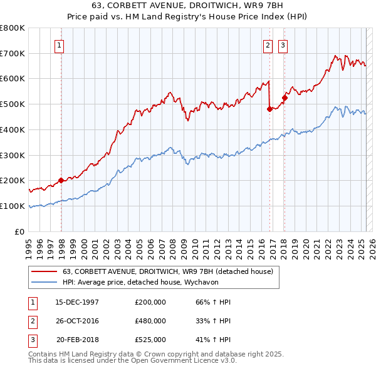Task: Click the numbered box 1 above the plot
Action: (x=58, y=45)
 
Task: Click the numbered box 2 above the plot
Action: (x=268, y=45)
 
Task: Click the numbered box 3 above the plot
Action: (x=283, y=45)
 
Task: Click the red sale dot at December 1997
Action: (x=61, y=180)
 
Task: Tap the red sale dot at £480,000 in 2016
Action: (x=270, y=109)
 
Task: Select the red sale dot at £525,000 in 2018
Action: (x=285, y=97)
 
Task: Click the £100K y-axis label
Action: (x=13, y=206)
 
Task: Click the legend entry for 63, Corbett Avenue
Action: (x=167, y=271)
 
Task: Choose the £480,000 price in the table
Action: (x=150, y=321)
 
